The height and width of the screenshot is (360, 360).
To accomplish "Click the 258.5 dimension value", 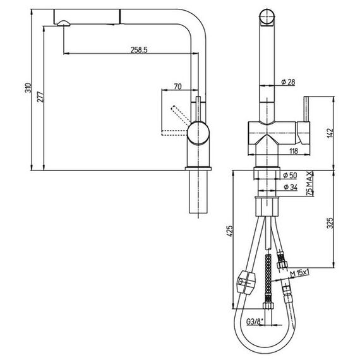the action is [x=139, y=50].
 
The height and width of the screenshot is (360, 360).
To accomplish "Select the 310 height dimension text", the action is [x=28, y=88].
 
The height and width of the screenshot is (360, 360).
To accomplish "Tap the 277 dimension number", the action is [x=40, y=97].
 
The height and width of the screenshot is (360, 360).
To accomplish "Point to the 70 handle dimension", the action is [x=177, y=87].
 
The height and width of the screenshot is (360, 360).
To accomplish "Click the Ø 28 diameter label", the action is [x=288, y=82].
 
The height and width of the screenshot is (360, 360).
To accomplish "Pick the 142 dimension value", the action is [x=330, y=133].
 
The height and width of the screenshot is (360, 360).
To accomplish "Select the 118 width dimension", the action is [x=294, y=151].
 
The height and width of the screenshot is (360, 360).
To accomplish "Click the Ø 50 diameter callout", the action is [x=290, y=176].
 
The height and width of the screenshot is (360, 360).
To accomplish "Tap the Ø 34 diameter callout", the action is [x=291, y=188].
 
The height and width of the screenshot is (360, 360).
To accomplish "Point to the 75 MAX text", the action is [x=310, y=183].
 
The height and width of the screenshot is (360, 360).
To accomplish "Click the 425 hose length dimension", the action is [x=230, y=231].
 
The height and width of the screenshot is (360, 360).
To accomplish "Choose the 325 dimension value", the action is [x=330, y=223].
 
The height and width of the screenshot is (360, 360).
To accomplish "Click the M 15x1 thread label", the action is [x=299, y=273].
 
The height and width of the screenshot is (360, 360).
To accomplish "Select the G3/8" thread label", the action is [x=255, y=321].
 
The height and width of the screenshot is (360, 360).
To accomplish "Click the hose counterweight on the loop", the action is [x=245, y=282].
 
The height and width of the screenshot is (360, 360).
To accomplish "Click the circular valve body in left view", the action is [x=198, y=133].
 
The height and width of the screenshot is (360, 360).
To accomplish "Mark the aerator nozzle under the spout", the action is [x=63, y=23].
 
